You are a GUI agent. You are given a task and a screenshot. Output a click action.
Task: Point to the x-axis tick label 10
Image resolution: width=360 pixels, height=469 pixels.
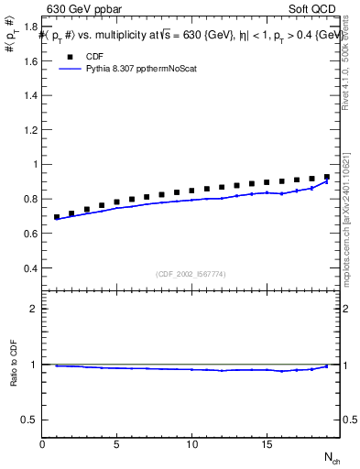click(191, 444)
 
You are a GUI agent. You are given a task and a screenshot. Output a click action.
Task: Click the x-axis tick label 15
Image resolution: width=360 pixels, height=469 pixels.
click(266, 444)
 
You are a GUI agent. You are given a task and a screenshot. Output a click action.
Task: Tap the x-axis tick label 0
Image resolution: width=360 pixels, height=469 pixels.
click(42, 444)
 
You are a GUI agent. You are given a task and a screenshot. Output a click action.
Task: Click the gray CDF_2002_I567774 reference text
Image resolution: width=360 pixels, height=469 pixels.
click(191, 274)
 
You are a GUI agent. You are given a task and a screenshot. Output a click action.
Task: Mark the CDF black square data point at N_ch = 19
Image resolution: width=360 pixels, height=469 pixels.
click(326, 177)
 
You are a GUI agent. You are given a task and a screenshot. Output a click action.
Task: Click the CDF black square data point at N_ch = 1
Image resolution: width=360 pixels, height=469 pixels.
click(57, 217)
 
